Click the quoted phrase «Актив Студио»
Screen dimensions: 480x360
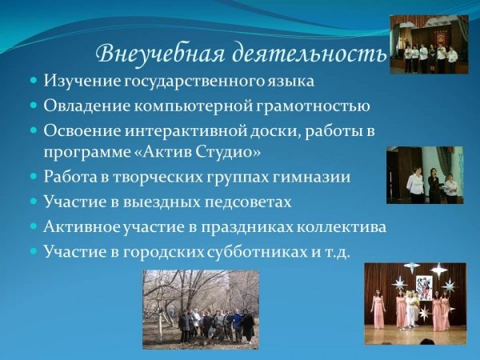198,152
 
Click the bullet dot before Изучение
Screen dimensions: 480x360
34,82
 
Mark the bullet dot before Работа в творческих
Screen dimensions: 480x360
34,177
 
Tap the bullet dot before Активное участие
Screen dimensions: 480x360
34,227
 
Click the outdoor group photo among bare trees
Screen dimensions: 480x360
201,309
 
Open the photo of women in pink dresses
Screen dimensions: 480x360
415,303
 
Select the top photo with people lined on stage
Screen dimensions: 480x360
429,44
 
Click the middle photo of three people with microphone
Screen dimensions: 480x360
425,175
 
